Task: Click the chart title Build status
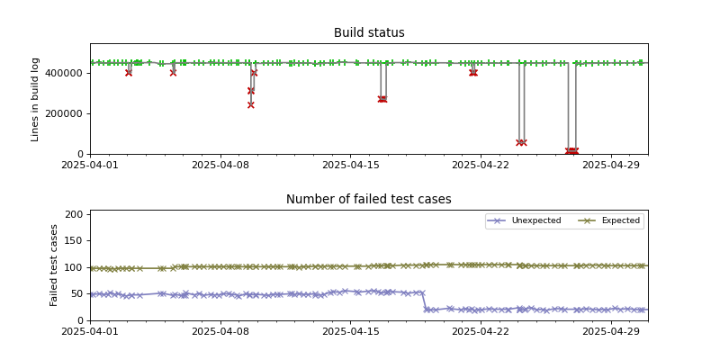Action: coord(369,33)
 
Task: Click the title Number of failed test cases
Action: coord(369,200)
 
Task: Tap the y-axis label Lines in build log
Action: coord(36,99)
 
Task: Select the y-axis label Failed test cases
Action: coord(54,265)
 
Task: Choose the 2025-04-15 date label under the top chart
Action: coord(351,165)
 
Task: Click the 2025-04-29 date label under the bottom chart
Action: coord(612,331)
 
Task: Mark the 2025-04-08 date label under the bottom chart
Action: coord(220,331)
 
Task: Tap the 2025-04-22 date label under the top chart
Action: coord(481,165)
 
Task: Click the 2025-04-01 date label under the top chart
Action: coord(90,165)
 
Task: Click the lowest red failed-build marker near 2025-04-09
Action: coord(251,104)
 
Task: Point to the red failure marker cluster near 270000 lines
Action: coord(382,99)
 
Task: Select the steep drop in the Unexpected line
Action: coord(424,301)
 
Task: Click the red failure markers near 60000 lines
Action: coord(521,142)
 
